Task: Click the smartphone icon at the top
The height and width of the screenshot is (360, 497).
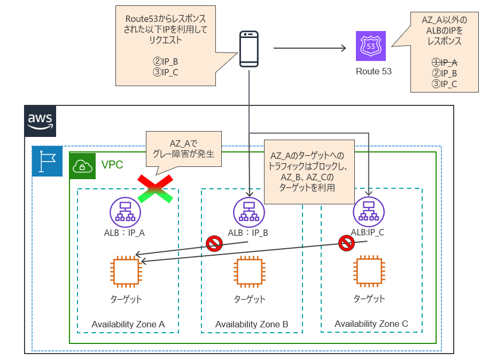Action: click(x=249, y=49)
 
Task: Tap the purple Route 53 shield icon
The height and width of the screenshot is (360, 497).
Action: click(x=371, y=46)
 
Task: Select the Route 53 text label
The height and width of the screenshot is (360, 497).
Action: click(x=374, y=71)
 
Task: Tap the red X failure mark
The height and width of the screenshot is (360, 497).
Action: click(x=156, y=188)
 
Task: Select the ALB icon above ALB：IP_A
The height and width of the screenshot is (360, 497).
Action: click(x=125, y=211)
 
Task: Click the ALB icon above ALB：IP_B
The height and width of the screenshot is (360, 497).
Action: click(x=248, y=211)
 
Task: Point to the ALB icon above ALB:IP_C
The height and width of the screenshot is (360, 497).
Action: click(x=369, y=211)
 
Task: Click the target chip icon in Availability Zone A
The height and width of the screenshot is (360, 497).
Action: click(x=125, y=270)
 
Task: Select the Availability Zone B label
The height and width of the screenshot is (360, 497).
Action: click(x=252, y=324)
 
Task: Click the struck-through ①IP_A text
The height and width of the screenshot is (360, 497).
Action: click(x=445, y=63)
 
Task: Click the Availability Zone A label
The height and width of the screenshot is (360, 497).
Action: click(x=128, y=324)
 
